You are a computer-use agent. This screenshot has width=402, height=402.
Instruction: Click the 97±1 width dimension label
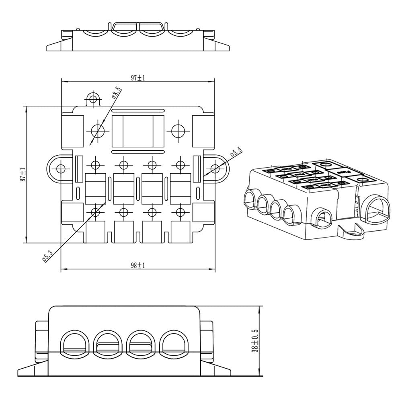point(138,78)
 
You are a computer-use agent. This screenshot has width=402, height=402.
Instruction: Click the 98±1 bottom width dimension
point(138,266)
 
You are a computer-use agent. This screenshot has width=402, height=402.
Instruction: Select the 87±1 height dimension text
point(23,175)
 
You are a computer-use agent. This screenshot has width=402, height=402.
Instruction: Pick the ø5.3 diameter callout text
point(47,256)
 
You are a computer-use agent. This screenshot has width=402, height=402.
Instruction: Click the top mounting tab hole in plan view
point(93,98)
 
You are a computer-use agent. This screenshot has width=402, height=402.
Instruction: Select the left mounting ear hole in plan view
point(61,168)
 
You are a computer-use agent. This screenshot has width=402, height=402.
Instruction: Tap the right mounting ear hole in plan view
point(215,168)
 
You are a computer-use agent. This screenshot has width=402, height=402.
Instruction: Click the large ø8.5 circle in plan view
point(98,130)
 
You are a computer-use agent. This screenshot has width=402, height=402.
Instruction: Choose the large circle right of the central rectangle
point(178,130)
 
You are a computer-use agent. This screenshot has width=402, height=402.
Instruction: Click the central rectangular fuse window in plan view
point(138,131)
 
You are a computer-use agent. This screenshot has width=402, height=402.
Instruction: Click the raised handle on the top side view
point(138,27)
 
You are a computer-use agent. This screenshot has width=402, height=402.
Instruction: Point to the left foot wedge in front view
point(32,369)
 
